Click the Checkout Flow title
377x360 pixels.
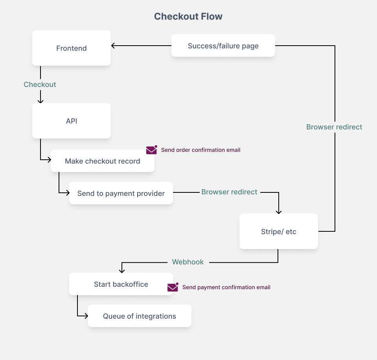coord(188,17)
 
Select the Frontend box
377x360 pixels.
coord(71,48)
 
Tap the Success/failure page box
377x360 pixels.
coord(223,46)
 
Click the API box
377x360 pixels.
coord(71,121)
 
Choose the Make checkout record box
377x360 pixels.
coord(102,161)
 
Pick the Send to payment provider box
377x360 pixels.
coord(121,193)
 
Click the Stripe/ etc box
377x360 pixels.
coord(278,231)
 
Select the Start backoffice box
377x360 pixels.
coord(121,284)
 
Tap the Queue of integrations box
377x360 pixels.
coord(139,316)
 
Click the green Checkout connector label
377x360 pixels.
coord(40,85)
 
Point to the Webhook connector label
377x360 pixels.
coord(188,262)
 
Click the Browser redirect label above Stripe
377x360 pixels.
coord(229,192)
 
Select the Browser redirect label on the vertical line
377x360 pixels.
coord(334,127)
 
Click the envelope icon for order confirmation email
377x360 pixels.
coord(151,150)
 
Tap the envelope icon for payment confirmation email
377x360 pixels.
coord(173,288)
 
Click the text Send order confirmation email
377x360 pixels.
coord(200,150)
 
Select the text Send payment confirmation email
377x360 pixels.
coord(226,288)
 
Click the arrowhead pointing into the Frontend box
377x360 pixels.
coord(113,46)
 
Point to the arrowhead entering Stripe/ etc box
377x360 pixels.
coord(278,212)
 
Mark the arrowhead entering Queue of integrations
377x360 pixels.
coord(85,316)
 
